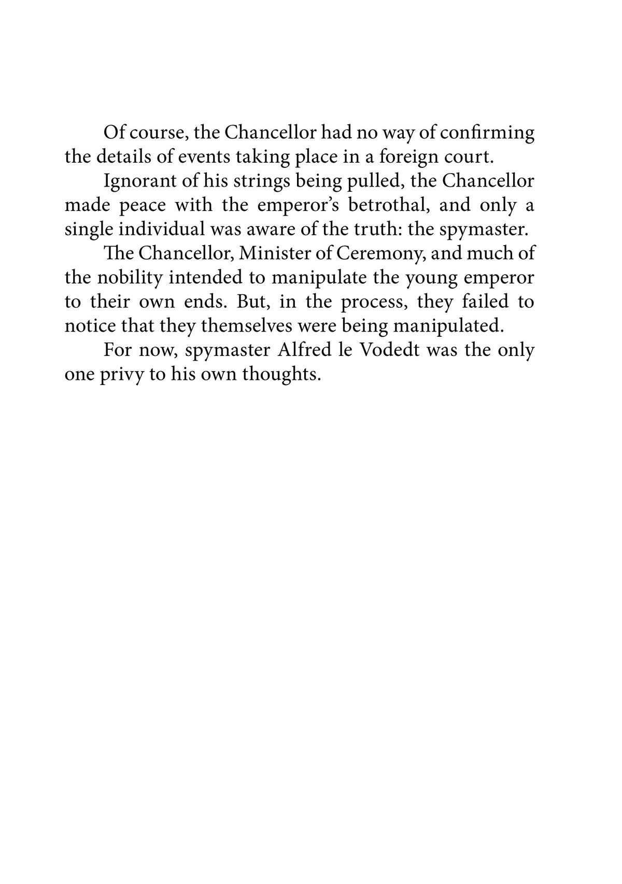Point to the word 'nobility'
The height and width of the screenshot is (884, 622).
[128, 277]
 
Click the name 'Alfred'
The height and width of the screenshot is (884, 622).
[299, 350]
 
